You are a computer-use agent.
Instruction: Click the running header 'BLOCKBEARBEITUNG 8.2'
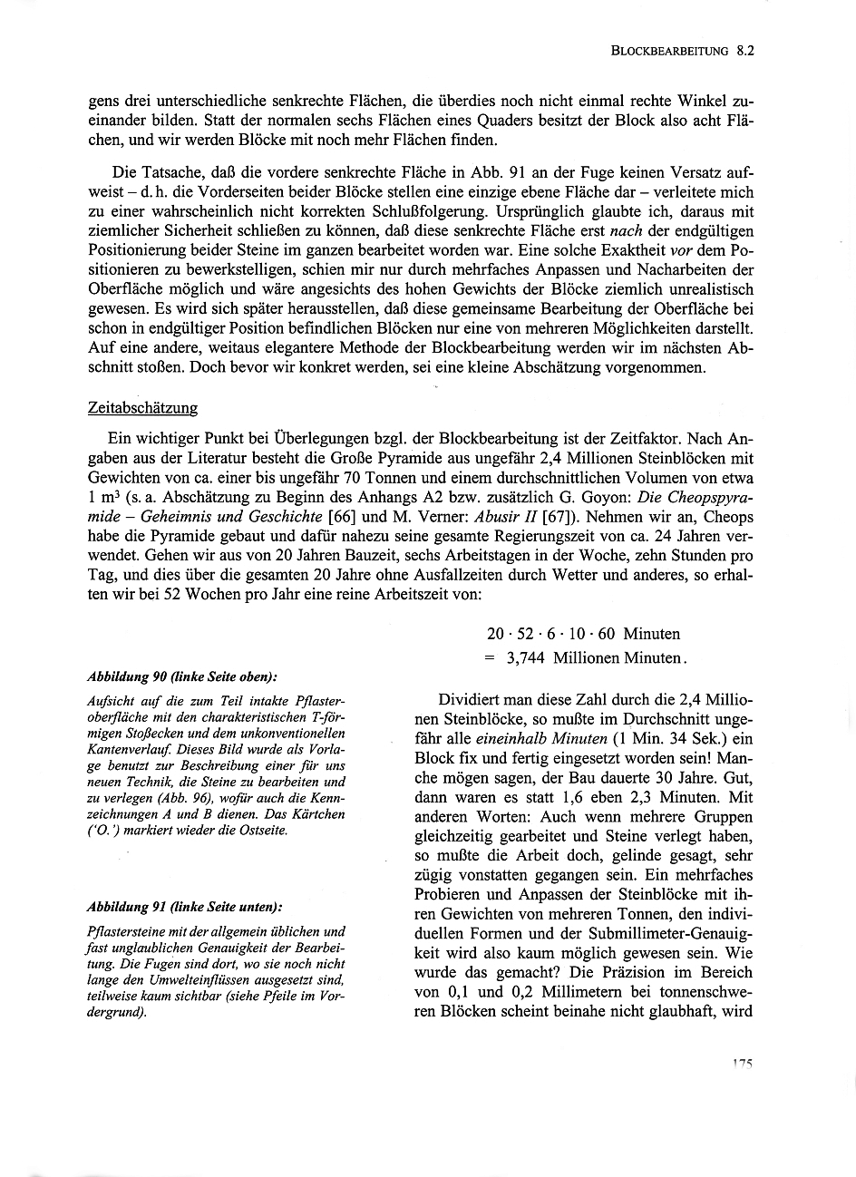[684, 52]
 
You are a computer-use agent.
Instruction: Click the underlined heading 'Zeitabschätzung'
[141, 408]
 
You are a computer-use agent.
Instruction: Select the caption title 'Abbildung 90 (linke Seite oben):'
[181, 677]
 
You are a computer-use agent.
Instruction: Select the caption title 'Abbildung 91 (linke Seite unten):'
[184, 907]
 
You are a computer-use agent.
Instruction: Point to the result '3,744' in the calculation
[526, 658]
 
